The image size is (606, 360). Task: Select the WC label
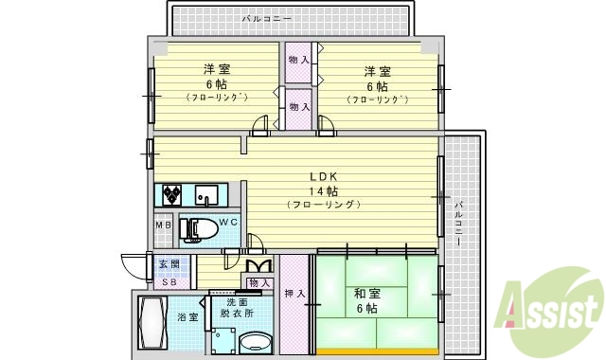pos(228,222)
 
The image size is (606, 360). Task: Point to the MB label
pos(163,225)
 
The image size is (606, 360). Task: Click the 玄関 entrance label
pos(169,263)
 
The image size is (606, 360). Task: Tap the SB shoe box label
pos(169,282)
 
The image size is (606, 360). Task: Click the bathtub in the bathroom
pos(151,323)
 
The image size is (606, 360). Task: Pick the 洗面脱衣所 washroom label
pos(239,308)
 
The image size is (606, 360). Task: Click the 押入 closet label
pos(294,294)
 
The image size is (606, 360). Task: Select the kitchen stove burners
pos(172,196)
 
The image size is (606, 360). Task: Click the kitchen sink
pos(207,196)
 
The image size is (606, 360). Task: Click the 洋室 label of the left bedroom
pos(217,69)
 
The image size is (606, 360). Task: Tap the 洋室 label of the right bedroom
pos(377,71)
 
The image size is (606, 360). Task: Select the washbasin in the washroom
pos(254,341)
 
